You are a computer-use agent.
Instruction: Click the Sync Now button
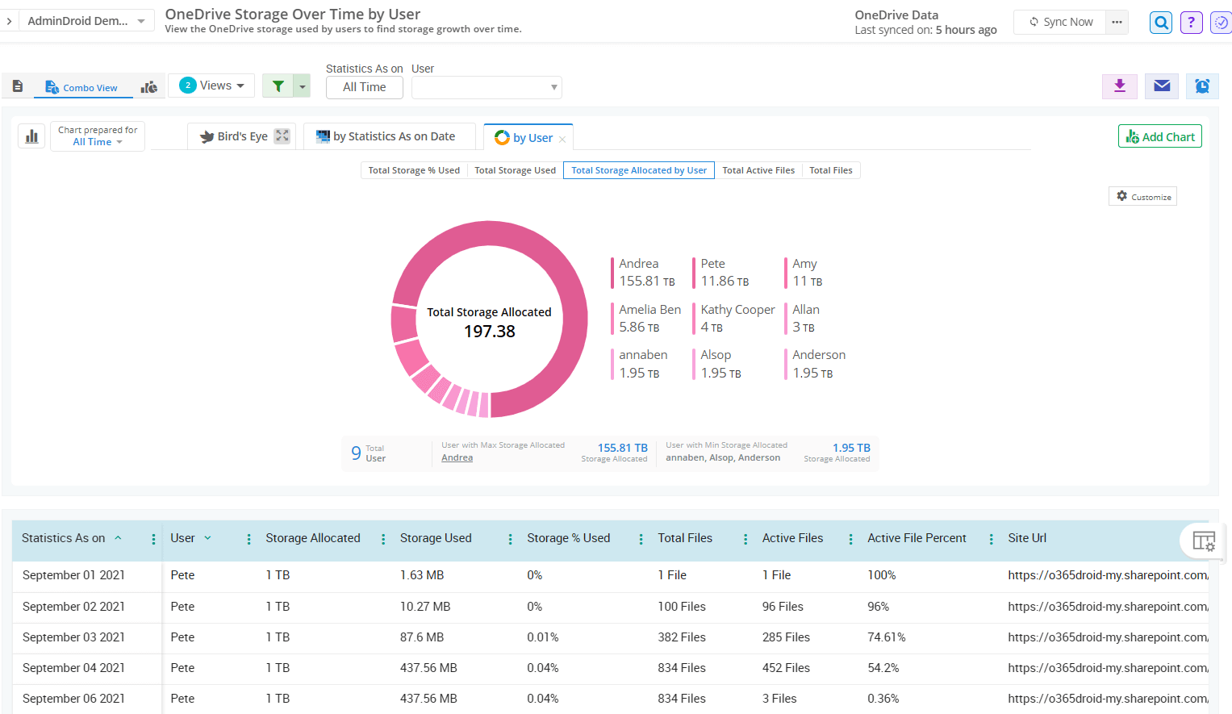1060,22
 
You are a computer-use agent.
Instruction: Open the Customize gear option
1142,197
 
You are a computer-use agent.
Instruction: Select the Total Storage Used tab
515,170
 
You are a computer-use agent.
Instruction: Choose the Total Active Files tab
758,170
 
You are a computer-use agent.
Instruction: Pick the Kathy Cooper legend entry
737,318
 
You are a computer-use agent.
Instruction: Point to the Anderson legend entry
818,364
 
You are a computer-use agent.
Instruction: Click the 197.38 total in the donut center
489,332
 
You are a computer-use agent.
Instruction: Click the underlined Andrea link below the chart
457,458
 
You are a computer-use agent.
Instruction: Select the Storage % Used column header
568,538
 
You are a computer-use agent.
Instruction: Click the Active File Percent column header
916,538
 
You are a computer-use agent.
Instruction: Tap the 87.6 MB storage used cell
422,637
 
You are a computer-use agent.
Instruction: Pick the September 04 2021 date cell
73,668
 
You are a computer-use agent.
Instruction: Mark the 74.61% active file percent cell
886,637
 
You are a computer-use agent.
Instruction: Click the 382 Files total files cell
681,637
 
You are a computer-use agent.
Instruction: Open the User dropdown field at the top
486,87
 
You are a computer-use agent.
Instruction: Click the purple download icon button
1119,86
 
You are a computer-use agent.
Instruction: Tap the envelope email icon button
1161,86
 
